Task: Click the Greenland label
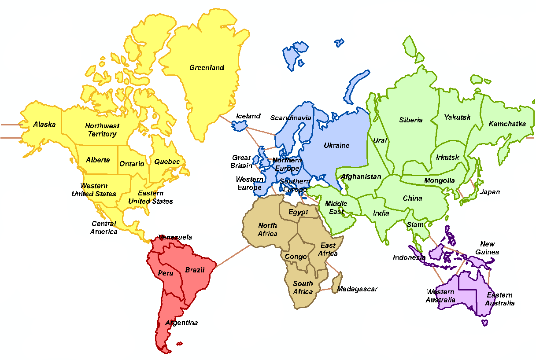point(207,68)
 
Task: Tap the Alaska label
point(44,125)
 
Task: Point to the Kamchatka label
point(507,124)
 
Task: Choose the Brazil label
point(195,270)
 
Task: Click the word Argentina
point(181,323)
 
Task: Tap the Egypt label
point(298,212)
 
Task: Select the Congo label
point(296,257)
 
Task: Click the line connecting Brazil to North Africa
point(233,255)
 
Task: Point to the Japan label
point(490,192)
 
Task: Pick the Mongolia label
point(439,180)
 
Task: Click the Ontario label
point(132,164)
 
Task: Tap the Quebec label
point(167,162)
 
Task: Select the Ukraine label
point(336,145)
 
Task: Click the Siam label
point(415,224)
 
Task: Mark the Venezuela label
point(175,237)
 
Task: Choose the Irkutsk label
point(447,157)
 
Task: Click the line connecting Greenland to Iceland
point(226,120)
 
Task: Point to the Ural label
point(380,140)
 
